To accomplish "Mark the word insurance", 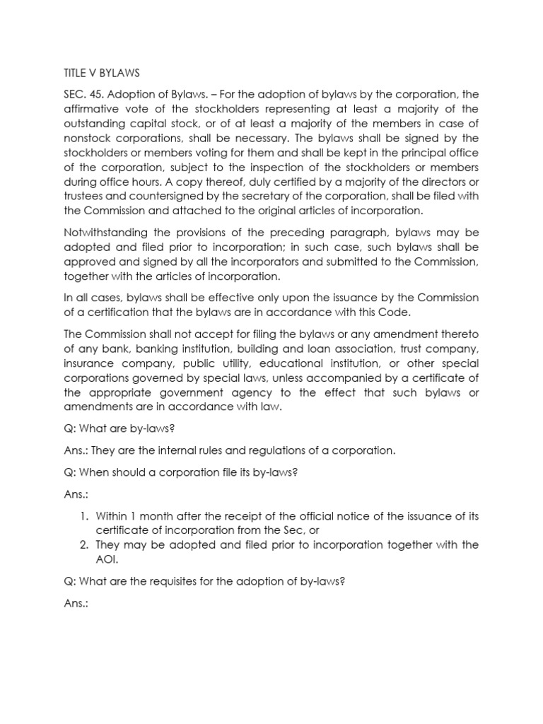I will click(89, 363).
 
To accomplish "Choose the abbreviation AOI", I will click(107, 559).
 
